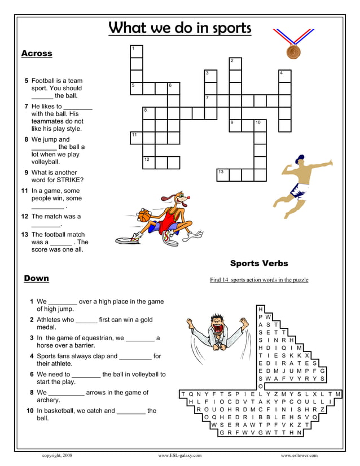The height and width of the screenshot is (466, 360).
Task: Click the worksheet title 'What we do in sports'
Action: click(179, 28)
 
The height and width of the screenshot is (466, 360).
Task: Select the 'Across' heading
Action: click(37, 54)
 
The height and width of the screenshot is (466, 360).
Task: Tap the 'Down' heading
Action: click(37, 278)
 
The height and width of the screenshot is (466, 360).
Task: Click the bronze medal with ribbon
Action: click(292, 52)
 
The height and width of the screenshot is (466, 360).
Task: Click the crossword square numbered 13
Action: click(223, 174)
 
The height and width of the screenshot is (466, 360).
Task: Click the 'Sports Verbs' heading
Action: click(259, 263)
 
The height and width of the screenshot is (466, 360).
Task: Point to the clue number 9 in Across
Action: click(27, 173)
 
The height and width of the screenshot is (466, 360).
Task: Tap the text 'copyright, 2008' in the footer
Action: click(57, 455)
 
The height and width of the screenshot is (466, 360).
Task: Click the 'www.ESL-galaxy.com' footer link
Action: click(179, 455)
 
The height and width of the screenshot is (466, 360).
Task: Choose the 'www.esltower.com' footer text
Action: click(299, 455)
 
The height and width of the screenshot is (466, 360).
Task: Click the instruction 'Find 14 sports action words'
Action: click(259, 280)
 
